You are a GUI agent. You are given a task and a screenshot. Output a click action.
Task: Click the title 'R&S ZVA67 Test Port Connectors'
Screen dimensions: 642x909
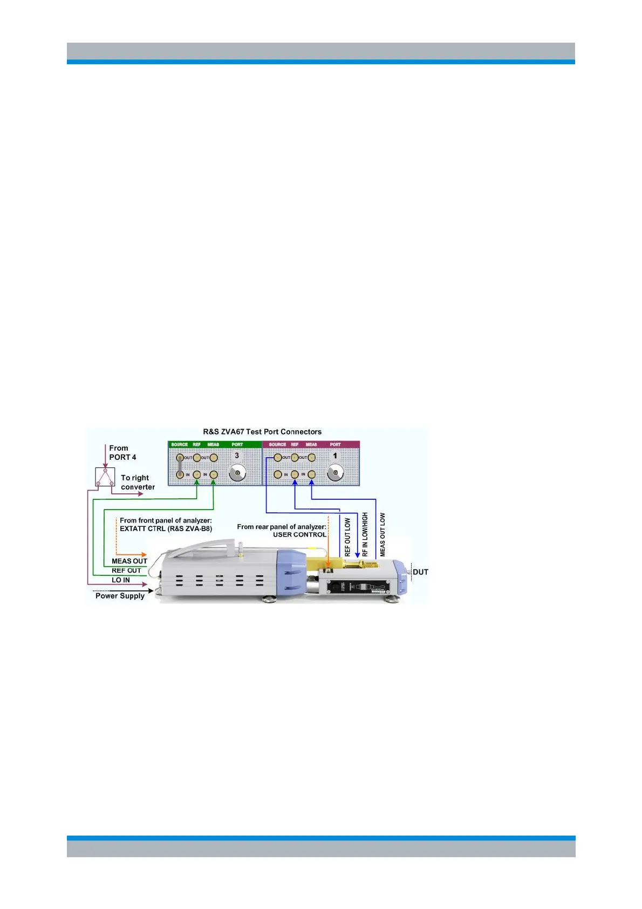[x=262, y=432]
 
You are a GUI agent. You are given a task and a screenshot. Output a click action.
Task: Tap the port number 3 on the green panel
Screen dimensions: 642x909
[x=236, y=456]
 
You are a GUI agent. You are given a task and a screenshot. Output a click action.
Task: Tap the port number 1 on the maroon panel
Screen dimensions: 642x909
[x=335, y=456]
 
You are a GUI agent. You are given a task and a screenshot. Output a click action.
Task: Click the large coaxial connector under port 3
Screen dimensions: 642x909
[x=237, y=474]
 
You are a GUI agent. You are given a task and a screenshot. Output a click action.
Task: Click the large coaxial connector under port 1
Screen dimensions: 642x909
[x=336, y=474]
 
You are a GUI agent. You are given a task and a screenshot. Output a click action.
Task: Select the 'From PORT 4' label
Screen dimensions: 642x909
[x=122, y=452]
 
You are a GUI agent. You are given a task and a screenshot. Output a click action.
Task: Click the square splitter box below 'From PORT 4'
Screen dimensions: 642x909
[x=105, y=477]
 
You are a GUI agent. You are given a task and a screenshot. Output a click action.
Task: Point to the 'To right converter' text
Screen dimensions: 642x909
[x=138, y=482]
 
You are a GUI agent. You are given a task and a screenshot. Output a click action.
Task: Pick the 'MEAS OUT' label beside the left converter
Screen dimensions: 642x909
[x=129, y=561]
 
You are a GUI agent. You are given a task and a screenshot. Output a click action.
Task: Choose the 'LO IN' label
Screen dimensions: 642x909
[x=121, y=580]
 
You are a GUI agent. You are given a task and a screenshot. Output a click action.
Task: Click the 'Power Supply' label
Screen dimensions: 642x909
[x=120, y=596]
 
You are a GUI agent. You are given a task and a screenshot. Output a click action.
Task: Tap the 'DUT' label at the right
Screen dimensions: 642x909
[x=420, y=572]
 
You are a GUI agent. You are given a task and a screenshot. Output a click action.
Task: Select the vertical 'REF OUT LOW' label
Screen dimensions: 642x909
[x=347, y=537]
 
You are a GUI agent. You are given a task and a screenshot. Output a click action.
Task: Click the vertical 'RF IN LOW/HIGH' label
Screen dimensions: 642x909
[x=365, y=534]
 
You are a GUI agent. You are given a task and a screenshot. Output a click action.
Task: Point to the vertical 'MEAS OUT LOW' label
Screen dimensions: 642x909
[x=383, y=534]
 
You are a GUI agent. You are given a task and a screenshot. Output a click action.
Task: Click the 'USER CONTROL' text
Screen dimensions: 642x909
[x=299, y=534]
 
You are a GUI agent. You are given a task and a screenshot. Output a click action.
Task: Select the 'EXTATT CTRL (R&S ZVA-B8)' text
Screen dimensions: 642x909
[x=166, y=528]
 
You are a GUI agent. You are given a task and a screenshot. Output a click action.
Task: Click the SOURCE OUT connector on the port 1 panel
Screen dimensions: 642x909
[x=278, y=458]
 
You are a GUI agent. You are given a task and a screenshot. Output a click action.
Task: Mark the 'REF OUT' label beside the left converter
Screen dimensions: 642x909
[x=126, y=571]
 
